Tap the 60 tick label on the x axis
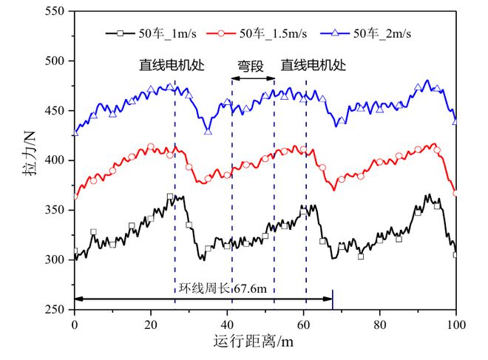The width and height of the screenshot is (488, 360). coord(303,323)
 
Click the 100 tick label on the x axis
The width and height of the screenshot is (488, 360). coord(455,323)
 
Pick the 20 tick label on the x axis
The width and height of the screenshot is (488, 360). coord(151,323)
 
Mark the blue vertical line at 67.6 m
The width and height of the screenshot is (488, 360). coord(333,299)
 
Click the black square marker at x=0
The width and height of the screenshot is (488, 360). coord(75,251)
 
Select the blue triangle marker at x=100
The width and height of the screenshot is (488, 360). coord(455,120)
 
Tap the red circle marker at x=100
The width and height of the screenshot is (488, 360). coord(455,194)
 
